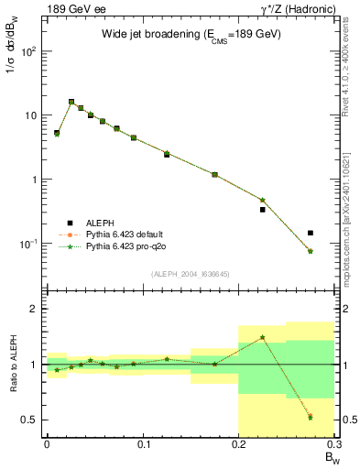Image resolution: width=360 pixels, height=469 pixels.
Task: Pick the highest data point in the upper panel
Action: pyautogui.click(x=71, y=102)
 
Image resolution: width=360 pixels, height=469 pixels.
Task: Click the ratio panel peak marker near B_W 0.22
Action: pyautogui.click(x=263, y=337)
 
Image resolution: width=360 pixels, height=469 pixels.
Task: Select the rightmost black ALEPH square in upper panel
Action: pyautogui.click(x=311, y=233)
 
